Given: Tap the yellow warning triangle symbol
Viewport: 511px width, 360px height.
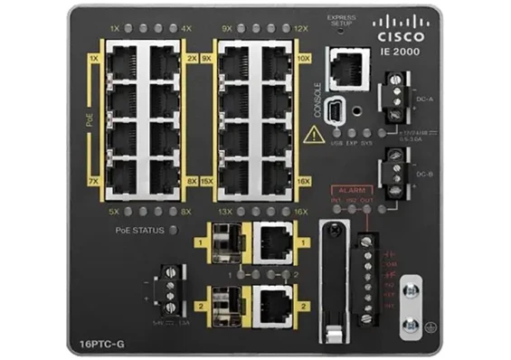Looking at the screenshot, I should pos(313,136).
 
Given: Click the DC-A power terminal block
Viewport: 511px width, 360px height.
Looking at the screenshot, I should pos(394,95).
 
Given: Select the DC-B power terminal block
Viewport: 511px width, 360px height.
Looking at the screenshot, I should pos(394,167).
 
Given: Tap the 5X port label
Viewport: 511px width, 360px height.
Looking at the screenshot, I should pos(114,212).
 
